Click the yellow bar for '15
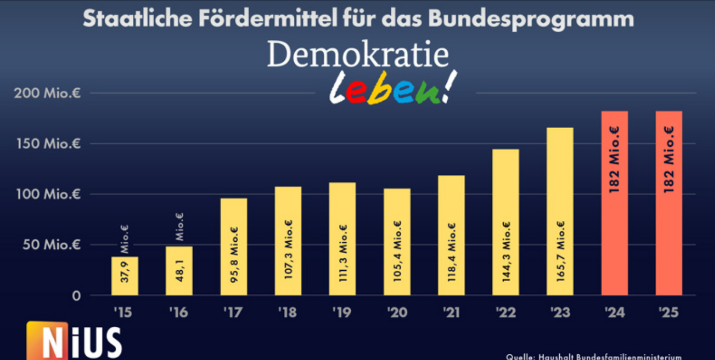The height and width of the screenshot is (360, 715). [125, 276]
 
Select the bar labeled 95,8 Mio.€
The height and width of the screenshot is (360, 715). [233, 247]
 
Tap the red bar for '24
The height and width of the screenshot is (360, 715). [614, 203]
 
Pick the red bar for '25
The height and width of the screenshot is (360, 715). [669, 203]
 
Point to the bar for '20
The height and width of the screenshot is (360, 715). [397, 242]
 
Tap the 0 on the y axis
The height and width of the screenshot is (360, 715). [76, 296]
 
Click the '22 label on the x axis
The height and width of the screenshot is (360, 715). [505, 312]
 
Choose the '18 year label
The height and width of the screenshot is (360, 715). [287, 312]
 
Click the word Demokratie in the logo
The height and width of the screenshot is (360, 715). [357, 55]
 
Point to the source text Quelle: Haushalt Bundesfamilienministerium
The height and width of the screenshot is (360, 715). [594, 356]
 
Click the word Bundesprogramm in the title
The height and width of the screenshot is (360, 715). [531, 19]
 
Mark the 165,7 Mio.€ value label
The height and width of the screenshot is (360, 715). [560, 251]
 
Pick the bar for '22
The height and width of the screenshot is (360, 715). [505, 222]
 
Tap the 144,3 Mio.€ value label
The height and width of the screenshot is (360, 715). [506, 251]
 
